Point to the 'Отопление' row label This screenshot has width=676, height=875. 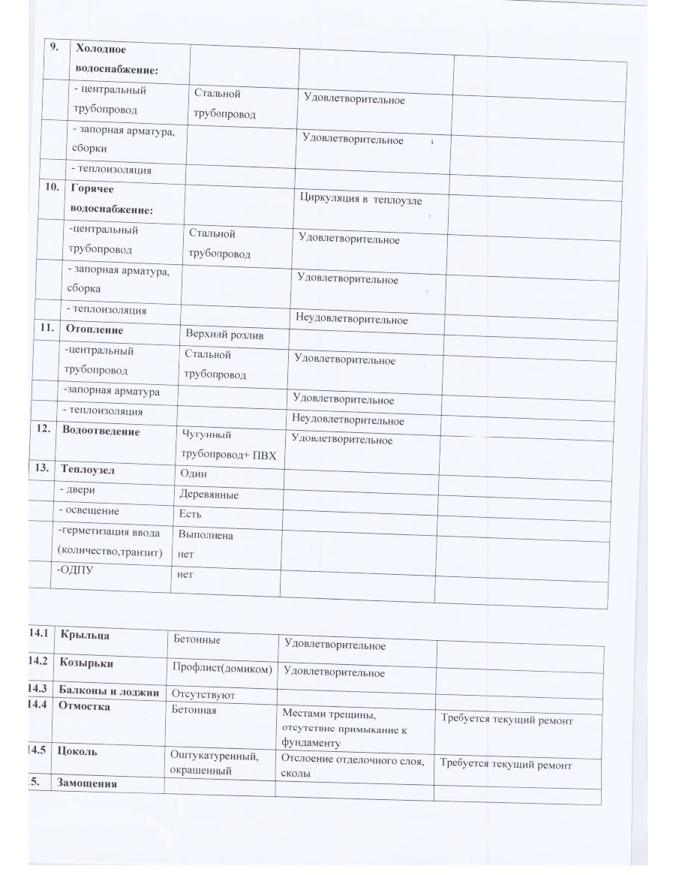93,329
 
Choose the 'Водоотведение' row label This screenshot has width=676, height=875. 101,431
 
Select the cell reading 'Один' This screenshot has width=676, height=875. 193,474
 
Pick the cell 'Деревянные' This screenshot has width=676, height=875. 209,495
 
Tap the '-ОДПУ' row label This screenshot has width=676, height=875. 74,570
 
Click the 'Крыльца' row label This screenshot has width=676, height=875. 85,635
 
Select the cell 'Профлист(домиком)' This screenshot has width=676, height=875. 221,668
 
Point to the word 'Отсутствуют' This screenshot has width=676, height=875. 203,695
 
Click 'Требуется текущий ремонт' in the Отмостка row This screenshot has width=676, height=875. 506,720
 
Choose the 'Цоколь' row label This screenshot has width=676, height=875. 77,750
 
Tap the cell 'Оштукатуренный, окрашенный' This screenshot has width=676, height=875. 215,763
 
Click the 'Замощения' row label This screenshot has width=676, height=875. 87,783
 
